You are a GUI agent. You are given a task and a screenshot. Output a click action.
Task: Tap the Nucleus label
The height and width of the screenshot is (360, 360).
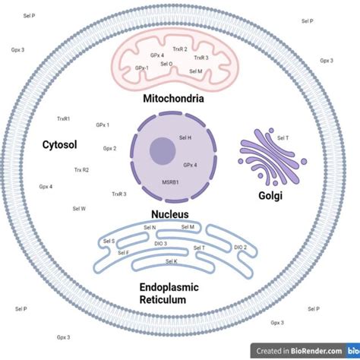[169, 214]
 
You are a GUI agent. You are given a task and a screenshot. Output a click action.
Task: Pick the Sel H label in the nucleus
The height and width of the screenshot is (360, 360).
[185, 137]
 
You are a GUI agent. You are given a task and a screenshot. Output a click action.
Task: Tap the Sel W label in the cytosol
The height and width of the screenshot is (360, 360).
[79, 207]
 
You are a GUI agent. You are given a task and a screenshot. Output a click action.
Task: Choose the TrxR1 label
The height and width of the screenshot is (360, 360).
[64, 118]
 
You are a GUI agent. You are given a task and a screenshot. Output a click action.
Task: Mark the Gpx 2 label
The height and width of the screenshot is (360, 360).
[109, 148]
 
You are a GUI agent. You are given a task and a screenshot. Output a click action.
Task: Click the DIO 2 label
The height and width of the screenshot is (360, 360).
[240, 247]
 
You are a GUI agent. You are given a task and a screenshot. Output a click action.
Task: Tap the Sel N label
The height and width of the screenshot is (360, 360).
[150, 227]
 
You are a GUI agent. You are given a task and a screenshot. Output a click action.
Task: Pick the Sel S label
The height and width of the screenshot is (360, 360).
[109, 241]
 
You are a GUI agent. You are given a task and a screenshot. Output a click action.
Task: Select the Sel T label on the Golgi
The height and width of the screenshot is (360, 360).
[283, 137]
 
